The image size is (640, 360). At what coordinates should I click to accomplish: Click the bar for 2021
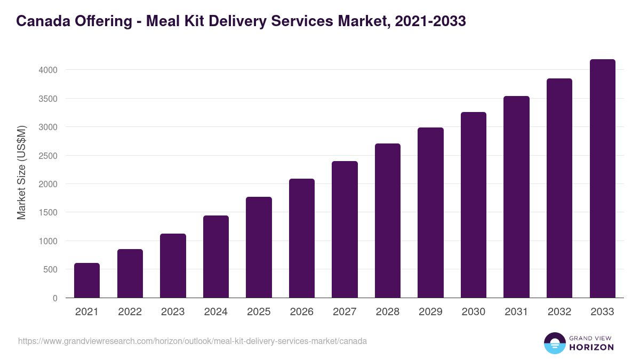(x=87, y=281)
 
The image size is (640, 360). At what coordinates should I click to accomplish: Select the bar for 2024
(x=216, y=257)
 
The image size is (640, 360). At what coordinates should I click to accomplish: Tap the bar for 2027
(x=345, y=229)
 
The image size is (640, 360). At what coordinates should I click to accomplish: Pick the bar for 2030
(x=474, y=205)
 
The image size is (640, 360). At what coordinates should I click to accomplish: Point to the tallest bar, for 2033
(x=602, y=179)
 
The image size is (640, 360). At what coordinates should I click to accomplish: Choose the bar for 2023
(x=173, y=266)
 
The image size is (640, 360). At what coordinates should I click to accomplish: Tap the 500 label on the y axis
(x=50, y=270)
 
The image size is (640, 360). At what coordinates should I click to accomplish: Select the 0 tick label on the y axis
(x=54, y=298)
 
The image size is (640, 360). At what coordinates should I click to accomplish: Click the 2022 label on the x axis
(x=130, y=312)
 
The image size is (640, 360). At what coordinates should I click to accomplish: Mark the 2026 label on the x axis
(x=302, y=312)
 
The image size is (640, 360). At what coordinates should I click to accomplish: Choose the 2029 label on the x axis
(x=430, y=312)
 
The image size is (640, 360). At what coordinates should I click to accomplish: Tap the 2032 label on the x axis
(x=559, y=312)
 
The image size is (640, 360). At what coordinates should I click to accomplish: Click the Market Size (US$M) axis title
(x=21, y=172)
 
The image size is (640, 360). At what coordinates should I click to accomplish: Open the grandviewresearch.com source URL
(x=193, y=341)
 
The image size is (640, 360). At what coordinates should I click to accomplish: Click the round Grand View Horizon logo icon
(x=554, y=343)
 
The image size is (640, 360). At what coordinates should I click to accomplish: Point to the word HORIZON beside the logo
(x=592, y=347)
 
